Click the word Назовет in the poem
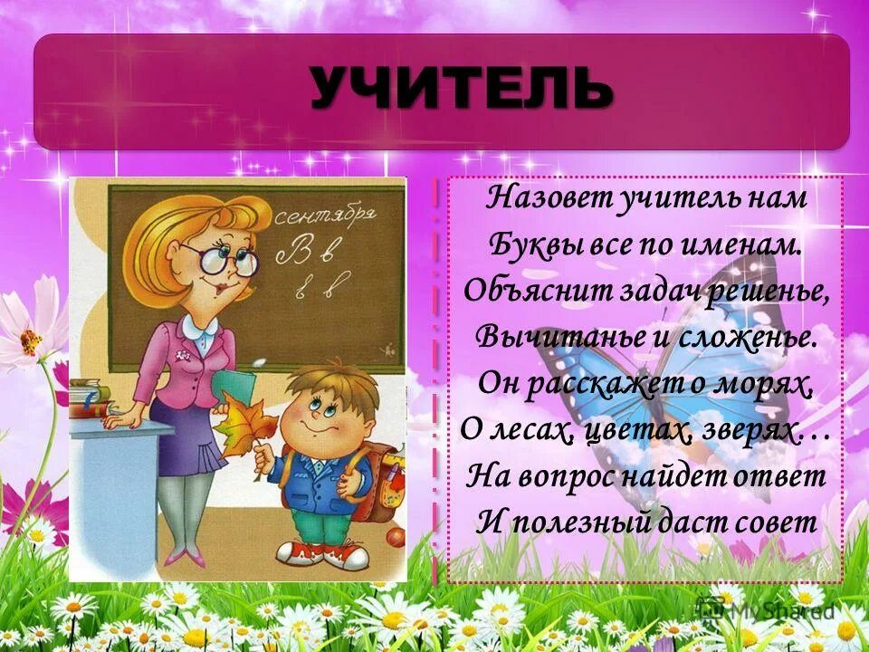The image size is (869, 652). point(538,199)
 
